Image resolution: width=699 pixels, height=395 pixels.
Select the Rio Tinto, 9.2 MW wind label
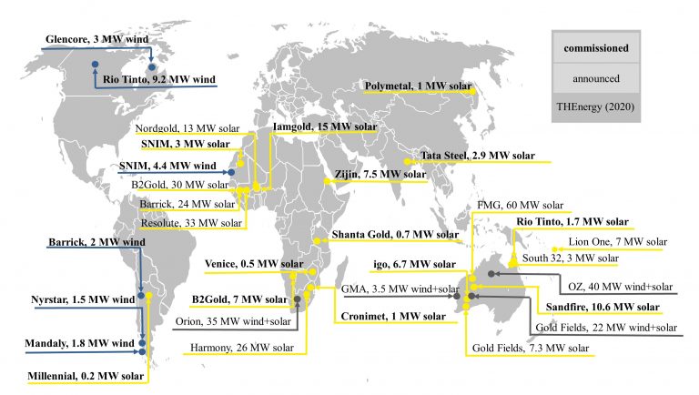(160, 80)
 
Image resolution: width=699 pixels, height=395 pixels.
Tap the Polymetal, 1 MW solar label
(418, 87)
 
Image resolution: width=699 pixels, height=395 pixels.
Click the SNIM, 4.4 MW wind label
(167, 166)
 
